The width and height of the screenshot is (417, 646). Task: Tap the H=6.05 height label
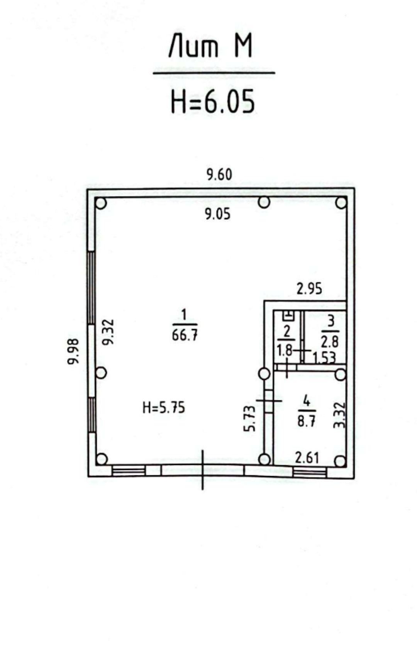(213, 101)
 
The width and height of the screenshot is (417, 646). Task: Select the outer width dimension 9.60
(219, 175)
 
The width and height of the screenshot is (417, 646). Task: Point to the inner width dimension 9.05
(218, 214)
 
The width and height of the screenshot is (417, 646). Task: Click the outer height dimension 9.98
(73, 351)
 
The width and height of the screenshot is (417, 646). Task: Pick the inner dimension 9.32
(109, 332)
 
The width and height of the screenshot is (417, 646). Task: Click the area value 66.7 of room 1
(185, 336)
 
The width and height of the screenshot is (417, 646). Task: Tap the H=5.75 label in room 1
(164, 408)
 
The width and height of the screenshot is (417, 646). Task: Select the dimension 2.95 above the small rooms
(309, 289)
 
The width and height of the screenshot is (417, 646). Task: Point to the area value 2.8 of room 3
(330, 343)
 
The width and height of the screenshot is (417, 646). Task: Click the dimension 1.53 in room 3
(324, 358)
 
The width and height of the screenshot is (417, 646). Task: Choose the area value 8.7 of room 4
(307, 422)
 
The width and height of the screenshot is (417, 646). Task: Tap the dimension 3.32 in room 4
(339, 415)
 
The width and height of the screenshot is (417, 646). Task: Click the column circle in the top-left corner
(101, 203)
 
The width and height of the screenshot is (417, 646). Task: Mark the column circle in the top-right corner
(341, 203)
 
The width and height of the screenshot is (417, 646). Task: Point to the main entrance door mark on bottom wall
(203, 470)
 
